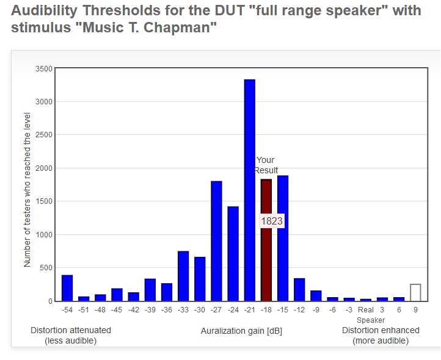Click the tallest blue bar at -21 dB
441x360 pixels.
[x=249, y=190]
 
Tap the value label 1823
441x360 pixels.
[x=272, y=221]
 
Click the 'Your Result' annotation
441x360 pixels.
[x=266, y=165]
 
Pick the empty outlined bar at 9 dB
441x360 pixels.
[x=415, y=292]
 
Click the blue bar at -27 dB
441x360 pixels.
[x=216, y=241]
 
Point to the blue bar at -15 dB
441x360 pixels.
[x=282, y=238]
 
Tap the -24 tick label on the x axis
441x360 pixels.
[x=233, y=310]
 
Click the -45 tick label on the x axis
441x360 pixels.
[x=117, y=310]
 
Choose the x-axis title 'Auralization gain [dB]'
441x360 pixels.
[x=241, y=331]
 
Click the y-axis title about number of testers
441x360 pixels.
[x=27, y=189]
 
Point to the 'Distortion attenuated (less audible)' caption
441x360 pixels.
[x=71, y=335]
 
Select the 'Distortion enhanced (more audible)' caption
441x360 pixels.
[x=381, y=335]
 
